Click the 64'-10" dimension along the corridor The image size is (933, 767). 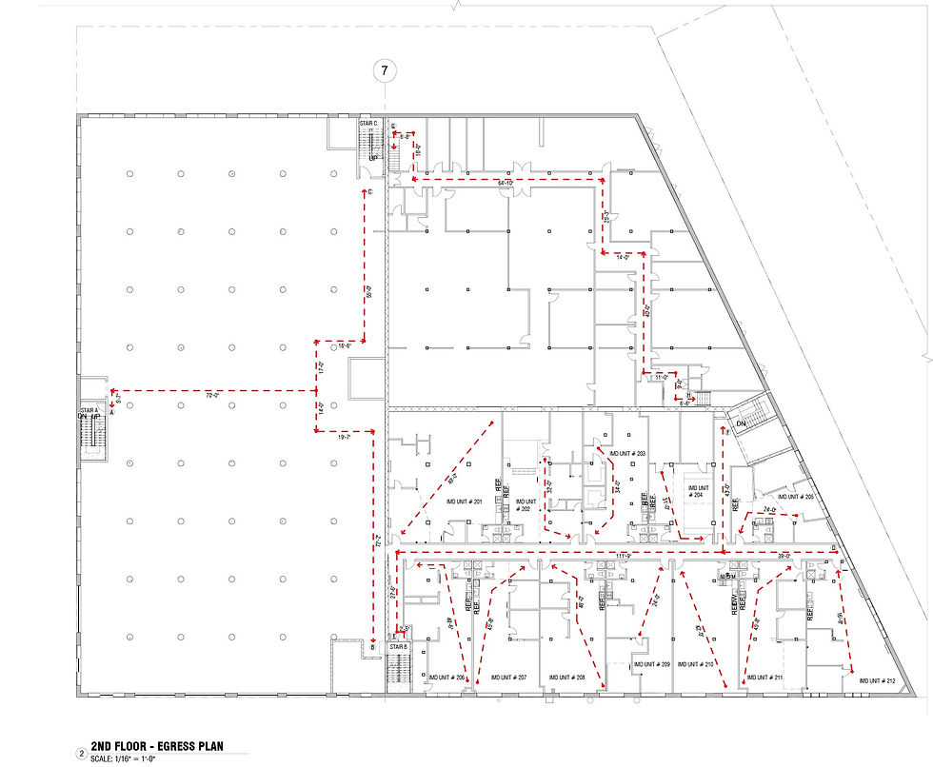505,182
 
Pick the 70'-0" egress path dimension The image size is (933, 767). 210,394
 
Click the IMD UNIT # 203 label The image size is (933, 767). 627,454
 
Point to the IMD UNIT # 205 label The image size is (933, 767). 795,497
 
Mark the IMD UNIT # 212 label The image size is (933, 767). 878,680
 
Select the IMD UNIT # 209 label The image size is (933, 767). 651,664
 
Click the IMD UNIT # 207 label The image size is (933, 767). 508,678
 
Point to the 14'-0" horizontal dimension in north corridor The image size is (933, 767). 624,258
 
